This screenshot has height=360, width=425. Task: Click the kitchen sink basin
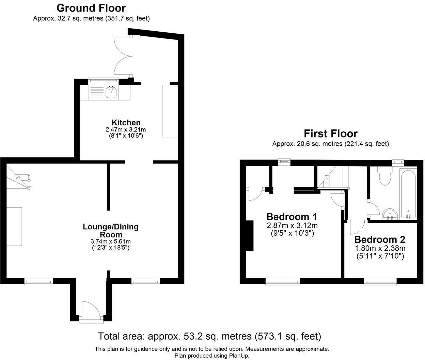coord(111,92)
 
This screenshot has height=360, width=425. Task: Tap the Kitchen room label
coord(126,122)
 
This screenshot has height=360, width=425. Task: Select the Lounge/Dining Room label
coord(111,230)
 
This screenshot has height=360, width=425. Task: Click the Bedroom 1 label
coord(292,217)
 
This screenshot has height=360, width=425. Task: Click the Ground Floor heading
coord(91,8)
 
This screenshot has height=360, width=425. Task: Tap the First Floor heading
coord(330,133)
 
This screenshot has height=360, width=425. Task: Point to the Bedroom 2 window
coord(380,281)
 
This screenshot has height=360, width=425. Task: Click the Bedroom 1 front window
coord(283,281)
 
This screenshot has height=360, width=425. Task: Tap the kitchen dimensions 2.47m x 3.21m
coord(126,129)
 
